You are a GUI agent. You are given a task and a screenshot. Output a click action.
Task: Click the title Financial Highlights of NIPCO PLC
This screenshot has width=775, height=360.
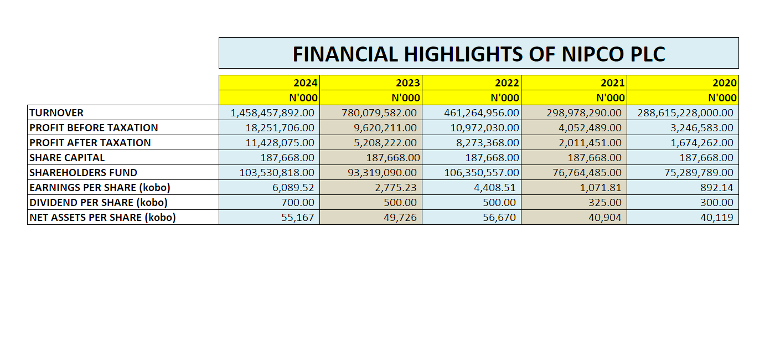478,54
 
